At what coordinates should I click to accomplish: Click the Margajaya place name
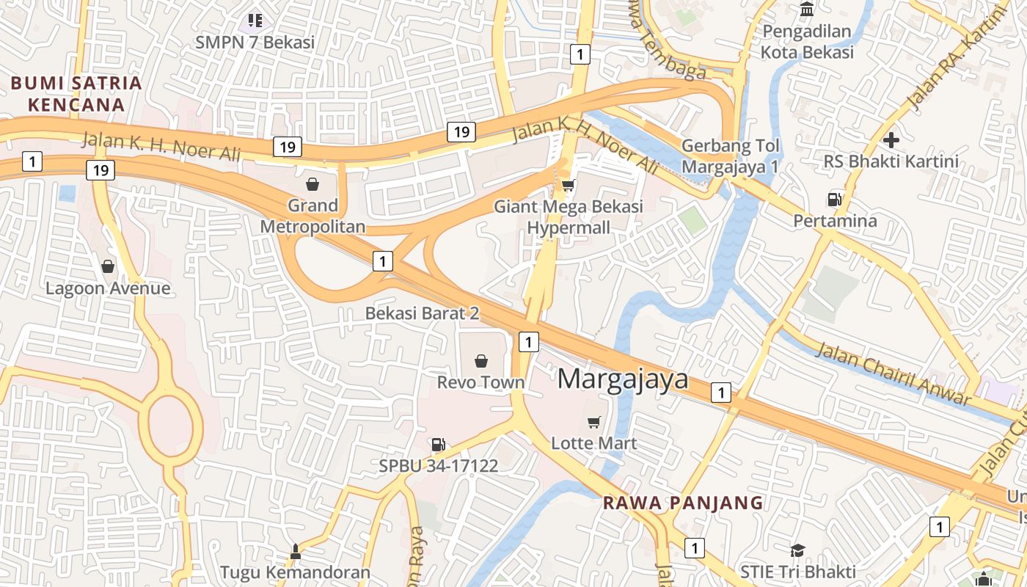click(x=623, y=379)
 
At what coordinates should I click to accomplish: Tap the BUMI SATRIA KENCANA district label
click(x=76, y=93)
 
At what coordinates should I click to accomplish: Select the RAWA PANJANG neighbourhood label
click(x=683, y=503)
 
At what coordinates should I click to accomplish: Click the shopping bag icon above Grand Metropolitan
click(x=313, y=183)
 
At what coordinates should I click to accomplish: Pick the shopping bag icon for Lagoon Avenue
click(x=108, y=266)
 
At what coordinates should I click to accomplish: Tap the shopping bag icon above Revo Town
click(x=481, y=360)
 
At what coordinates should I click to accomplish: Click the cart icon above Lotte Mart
click(x=594, y=422)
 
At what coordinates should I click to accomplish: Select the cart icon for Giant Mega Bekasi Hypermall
click(x=568, y=185)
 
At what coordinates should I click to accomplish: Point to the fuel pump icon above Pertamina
click(x=834, y=199)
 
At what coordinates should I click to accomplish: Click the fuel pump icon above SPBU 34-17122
click(x=438, y=444)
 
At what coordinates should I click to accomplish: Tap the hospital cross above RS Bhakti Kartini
click(x=891, y=139)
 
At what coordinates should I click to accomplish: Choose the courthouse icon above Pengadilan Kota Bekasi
click(x=807, y=10)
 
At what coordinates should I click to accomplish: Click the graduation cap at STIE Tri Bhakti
click(x=797, y=550)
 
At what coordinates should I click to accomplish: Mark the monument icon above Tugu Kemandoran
click(x=296, y=550)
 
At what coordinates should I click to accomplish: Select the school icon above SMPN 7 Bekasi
click(x=255, y=20)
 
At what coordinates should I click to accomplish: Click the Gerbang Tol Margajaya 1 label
click(x=730, y=156)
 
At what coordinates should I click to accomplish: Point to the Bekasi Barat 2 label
click(x=422, y=313)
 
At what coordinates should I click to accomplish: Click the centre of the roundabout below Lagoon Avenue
click(x=175, y=421)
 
